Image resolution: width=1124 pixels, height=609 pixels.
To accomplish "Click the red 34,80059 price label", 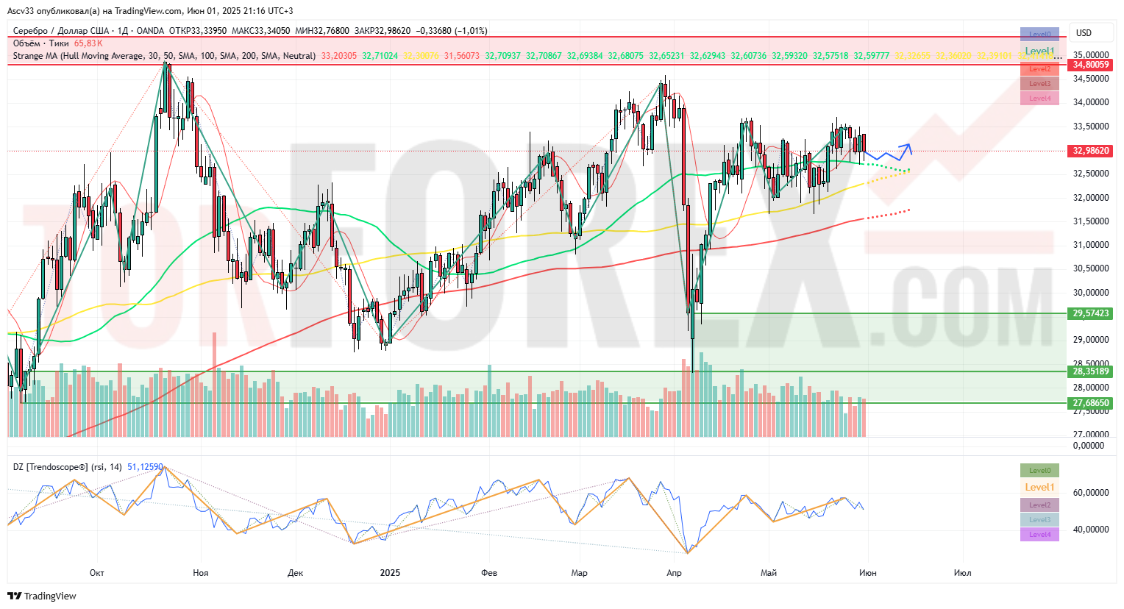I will (x=1091, y=65).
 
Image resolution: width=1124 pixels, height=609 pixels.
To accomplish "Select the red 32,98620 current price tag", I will (x=1091, y=151).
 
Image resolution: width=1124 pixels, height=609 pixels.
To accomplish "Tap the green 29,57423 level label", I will (x=1091, y=313).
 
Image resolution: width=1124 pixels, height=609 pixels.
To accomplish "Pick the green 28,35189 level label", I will (x=1091, y=371).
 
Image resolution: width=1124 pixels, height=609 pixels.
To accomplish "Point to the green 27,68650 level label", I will (x=1091, y=403).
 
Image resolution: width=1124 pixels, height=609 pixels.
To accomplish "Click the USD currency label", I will (x=1084, y=33).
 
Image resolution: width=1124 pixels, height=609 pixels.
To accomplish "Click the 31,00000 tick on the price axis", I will (x=1091, y=245).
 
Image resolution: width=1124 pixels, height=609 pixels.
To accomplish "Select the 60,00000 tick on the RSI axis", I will (x=1091, y=493).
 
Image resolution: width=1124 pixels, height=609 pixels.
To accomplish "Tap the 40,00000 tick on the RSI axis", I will (x=1091, y=530).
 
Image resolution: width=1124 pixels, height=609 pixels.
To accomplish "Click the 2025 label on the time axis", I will (x=390, y=573).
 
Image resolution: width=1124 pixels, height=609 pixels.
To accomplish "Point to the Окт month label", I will (x=96, y=573).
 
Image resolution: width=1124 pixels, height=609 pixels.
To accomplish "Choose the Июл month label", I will (x=962, y=573).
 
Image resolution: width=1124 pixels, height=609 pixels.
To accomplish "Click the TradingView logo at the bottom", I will (x=42, y=596).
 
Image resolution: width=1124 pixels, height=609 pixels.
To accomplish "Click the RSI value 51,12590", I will (x=145, y=467).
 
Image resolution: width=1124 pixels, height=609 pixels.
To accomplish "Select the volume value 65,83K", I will (x=88, y=43).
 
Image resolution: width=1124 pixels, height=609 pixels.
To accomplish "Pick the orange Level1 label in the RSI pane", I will (x=1039, y=487).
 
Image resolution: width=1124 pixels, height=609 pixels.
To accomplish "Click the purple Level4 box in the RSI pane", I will (x=1039, y=535).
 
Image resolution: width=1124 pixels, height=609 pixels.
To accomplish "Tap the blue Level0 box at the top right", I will (x=1039, y=34).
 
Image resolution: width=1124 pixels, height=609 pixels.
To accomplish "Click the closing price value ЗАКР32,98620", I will (x=383, y=31).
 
